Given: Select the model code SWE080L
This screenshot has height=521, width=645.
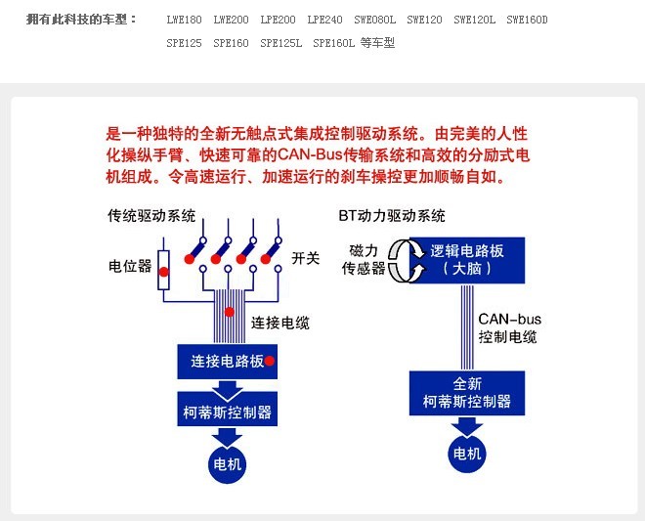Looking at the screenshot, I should (375, 20).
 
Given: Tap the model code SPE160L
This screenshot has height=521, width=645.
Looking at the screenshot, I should (334, 44).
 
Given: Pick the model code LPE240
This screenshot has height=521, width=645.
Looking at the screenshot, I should (324, 20).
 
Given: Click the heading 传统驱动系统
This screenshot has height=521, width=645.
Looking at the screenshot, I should (151, 216).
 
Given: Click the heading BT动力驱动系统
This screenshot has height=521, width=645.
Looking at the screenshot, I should (391, 216).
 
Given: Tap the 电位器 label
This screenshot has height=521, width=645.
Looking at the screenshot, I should (129, 266).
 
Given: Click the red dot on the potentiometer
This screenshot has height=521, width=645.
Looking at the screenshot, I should (164, 271).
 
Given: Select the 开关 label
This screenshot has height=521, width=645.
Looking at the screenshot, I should (306, 258).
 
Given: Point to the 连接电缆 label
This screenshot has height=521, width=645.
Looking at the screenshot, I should (279, 323).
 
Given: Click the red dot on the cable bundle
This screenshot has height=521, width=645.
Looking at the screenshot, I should (229, 312).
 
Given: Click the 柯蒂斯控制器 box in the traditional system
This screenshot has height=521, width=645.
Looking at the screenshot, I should (227, 411).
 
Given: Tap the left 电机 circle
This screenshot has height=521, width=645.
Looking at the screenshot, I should (227, 463).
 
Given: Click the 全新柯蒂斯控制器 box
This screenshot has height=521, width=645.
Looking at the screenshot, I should (466, 393).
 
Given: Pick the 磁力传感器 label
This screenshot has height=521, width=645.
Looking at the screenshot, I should (364, 260).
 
